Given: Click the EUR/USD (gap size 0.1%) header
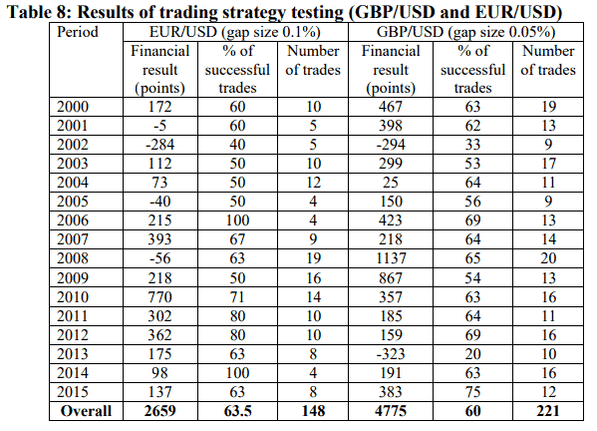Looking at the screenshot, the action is [235, 32].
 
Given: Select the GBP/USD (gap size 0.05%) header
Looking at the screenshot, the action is [465, 32].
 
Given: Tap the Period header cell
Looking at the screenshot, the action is [78, 32].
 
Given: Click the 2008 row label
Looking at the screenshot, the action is [73, 258].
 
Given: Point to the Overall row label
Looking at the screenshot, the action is [86, 411].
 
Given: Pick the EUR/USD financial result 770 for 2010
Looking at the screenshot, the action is [159, 297].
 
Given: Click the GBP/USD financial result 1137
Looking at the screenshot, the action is [391, 258].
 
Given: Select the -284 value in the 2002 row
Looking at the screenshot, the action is [159, 145].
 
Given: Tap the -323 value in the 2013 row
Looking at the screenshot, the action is [391, 354].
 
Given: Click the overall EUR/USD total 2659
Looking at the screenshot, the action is [159, 411].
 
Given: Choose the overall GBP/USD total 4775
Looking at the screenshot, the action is [391, 411].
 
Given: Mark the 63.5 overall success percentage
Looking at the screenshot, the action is [237, 411].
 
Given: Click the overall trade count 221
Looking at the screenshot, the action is [548, 411].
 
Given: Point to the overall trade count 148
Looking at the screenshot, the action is [313, 411].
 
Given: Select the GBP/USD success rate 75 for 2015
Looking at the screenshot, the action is [472, 392].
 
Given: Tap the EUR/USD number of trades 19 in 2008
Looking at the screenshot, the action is [313, 258].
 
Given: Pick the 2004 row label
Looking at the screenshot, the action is [73, 183].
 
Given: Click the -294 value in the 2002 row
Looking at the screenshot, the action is [391, 145].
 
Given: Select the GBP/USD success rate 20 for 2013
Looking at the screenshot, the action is [472, 354].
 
